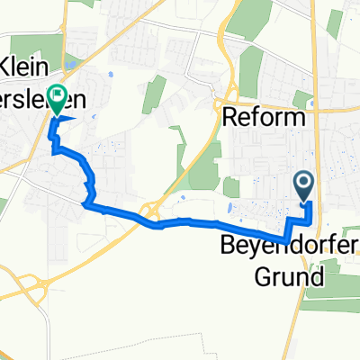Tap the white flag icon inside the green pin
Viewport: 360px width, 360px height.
click(60, 93)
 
